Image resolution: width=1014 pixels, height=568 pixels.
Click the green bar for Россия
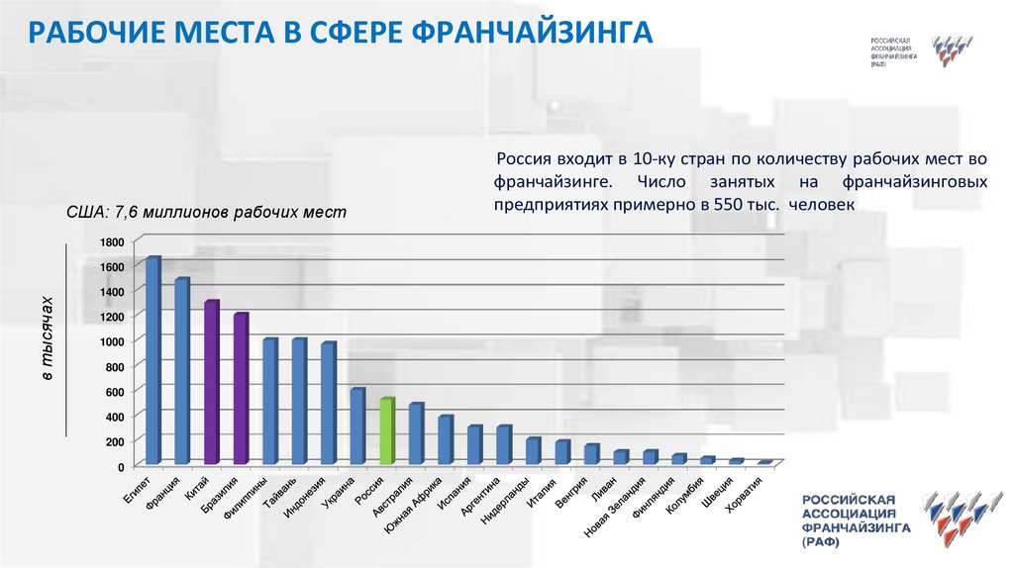(x=387, y=431)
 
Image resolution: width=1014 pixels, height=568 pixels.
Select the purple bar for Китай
(x=211, y=382)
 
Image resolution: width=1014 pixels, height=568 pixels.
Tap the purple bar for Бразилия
(x=241, y=388)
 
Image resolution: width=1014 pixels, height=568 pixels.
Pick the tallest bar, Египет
(x=152, y=360)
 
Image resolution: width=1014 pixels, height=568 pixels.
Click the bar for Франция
(x=181, y=371)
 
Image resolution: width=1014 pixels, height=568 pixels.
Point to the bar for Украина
(x=357, y=426)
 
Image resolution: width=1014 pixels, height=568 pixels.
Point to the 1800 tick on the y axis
(x=111, y=242)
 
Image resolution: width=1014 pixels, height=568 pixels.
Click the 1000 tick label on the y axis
(x=111, y=341)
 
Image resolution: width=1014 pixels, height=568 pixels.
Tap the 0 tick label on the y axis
(x=119, y=466)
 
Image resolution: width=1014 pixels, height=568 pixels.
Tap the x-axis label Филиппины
(x=248, y=498)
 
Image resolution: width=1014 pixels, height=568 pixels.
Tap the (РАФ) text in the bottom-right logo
(x=819, y=544)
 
